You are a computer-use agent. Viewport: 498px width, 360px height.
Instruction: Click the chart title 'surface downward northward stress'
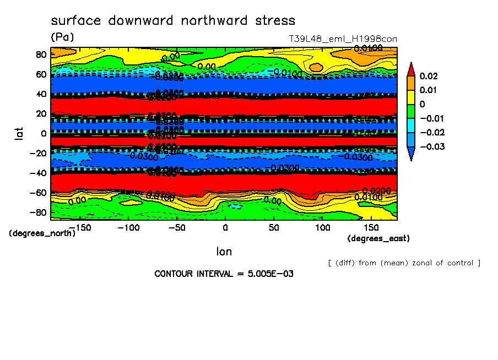pyautogui.click(x=173, y=21)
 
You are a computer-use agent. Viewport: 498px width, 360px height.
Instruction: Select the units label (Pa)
pyautogui.click(x=62, y=37)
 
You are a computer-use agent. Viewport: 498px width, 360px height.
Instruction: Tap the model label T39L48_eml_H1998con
pyautogui.click(x=343, y=39)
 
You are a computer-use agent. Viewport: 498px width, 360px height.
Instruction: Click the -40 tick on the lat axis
pyautogui.click(x=38, y=173)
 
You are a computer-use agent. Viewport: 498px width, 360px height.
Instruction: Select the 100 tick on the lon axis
pyautogui.click(x=322, y=227)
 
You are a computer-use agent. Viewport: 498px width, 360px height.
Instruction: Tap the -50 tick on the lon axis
pyautogui.click(x=176, y=227)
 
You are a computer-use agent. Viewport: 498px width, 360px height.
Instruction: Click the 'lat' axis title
pyautogui.click(x=19, y=132)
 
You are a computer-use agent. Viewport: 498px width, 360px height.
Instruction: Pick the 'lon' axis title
pyautogui.click(x=224, y=252)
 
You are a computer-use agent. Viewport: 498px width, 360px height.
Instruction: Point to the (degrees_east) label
pyautogui.click(x=378, y=238)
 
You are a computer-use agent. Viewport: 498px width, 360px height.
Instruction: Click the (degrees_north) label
pyautogui.click(x=42, y=233)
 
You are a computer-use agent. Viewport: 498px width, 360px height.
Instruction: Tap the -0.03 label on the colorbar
pyautogui.click(x=432, y=146)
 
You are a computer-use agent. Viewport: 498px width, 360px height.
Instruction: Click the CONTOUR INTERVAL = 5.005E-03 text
pyautogui.click(x=224, y=274)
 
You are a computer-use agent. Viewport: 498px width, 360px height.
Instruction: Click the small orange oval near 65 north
pyautogui.click(x=316, y=67)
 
